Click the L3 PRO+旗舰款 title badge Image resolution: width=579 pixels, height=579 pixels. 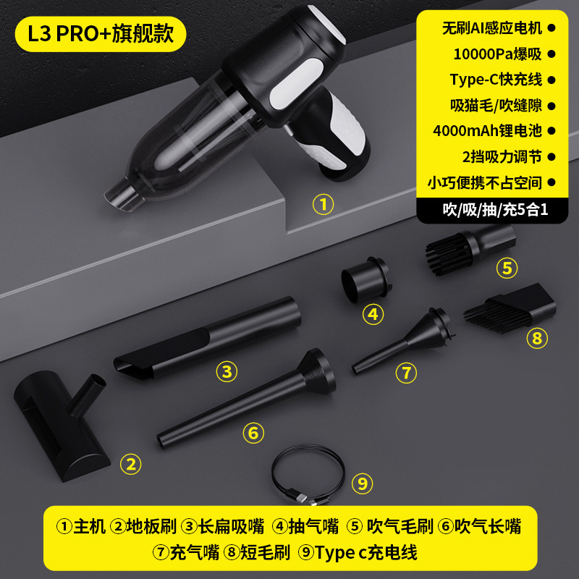101,34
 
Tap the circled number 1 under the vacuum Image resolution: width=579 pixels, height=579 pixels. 323,204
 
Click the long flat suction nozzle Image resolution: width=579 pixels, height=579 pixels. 207,339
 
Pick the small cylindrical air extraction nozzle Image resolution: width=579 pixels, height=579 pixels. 366,279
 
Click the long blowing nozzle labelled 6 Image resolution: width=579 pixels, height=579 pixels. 246,398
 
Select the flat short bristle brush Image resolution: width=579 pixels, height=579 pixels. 510,307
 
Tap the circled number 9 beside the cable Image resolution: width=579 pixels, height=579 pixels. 363,483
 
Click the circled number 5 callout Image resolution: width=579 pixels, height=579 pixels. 507,268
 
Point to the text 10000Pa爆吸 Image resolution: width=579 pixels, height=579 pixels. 497,54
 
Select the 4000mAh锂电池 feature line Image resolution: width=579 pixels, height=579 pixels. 487,131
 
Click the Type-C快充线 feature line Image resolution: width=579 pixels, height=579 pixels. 496,80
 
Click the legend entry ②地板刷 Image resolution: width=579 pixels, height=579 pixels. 143,526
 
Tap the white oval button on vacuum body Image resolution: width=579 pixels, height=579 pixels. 295,83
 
